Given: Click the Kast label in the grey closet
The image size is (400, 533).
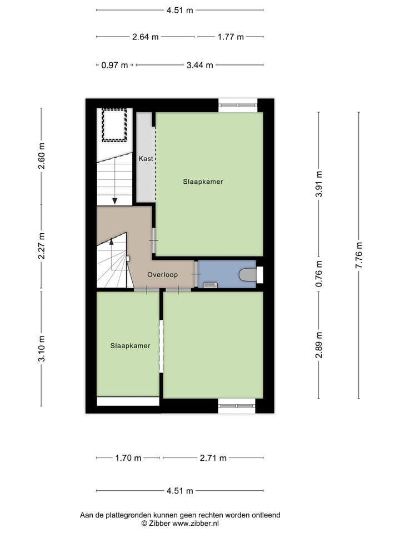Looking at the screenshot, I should pyautogui.click(x=146, y=159).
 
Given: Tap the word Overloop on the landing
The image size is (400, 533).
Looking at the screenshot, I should pyautogui.click(x=162, y=275).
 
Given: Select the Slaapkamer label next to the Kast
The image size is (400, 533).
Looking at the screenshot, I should pyautogui.click(x=203, y=182).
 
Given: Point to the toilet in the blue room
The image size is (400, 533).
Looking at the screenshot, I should pyautogui.click(x=247, y=274).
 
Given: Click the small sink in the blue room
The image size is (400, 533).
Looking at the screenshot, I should pyautogui.click(x=209, y=285).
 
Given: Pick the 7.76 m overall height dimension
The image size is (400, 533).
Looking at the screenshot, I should pyautogui.click(x=359, y=255).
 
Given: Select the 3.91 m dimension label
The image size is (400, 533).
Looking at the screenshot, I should pyautogui.click(x=319, y=184).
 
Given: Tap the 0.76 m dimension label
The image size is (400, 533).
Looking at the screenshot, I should pyautogui.click(x=319, y=274).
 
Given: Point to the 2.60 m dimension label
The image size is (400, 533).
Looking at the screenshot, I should pyautogui.click(x=42, y=156).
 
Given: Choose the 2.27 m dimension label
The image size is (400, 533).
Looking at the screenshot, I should pyautogui.click(x=42, y=246).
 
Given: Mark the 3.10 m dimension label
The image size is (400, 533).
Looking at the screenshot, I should pyautogui.click(x=42, y=349).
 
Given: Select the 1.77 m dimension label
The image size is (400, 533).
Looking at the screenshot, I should pyautogui.click(x=231, y=37).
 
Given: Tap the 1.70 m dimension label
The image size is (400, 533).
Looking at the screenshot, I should pyautogui.click(x=128, y=458).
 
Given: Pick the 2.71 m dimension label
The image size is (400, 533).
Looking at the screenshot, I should pyautogui.click(x=213, y=458).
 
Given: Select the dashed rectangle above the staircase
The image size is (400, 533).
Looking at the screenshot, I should pyautogui.click(x=114, y=125).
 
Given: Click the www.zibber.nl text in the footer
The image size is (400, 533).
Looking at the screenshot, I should pyautogui.click(x=195, y=523).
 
